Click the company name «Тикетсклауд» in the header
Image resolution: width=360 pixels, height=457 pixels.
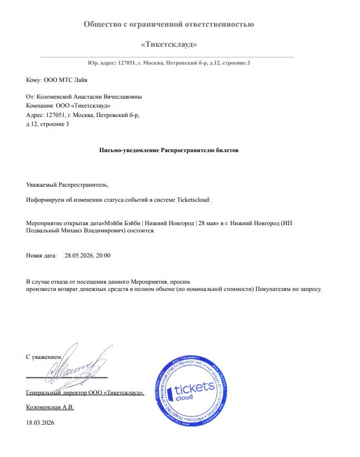point(169,43)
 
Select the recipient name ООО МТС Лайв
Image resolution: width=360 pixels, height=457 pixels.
point(65,80)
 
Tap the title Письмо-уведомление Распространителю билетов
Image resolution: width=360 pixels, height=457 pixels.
point(168,150)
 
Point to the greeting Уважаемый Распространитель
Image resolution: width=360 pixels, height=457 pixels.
point(68,184)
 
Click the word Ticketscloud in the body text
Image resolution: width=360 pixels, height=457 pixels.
point(193,198)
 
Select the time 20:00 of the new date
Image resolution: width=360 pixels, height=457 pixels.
point(103,255)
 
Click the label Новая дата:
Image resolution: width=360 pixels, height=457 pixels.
point(41,255)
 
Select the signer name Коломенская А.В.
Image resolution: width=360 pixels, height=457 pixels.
point(50,407)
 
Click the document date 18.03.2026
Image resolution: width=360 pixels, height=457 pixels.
point(41,423)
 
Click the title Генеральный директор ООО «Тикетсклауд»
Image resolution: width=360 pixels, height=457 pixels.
point(85,393)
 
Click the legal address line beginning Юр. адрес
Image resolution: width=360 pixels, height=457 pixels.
point(169,62)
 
